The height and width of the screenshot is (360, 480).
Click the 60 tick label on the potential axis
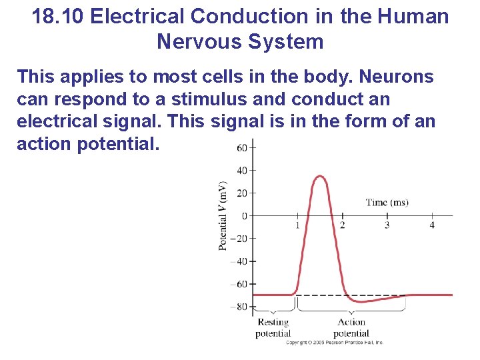click(242, 147)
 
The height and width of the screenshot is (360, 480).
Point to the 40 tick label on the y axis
click(242, 170)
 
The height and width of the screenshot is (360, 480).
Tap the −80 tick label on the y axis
click(239, 307)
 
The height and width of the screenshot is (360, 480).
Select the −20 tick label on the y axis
click(239, 239)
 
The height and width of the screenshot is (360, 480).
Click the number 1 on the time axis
click(297, 225)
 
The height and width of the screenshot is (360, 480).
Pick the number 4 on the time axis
click(432, 225)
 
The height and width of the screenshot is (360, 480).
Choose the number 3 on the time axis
click(387, 225)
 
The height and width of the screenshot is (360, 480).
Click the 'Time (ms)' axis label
click(387, 202)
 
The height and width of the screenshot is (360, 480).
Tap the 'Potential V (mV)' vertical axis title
click(223, 215)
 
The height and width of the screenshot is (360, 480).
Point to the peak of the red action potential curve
click(320, 176)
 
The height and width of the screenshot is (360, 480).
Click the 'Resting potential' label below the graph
click(273, 327)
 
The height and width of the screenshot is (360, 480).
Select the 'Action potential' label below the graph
click(351, 327)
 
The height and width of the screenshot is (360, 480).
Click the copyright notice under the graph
click(335, 343)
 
